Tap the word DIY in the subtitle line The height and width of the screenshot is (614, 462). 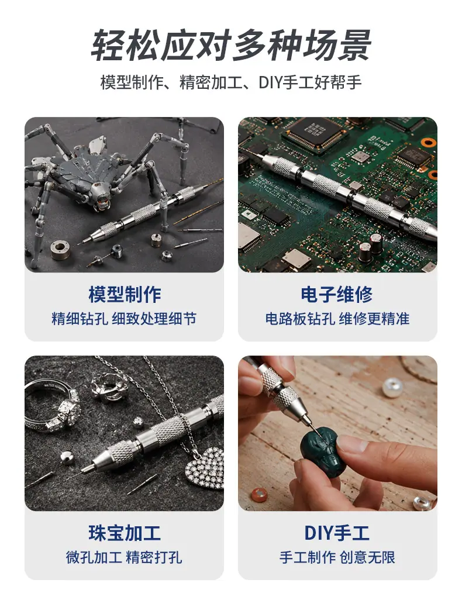pyautogui.click(x=270, y=83)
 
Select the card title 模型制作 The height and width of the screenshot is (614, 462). pyautogui.click(x=125, y=295)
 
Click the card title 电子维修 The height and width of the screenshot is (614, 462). pyautogui.click(x=337, y=295)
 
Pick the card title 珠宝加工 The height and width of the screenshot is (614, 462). pyautogui.click(x=125, y=533)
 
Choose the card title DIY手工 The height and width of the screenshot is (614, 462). pyautogui.click(x=337, y=533)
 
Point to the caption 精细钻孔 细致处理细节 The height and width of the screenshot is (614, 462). pyautogui.click(x=124, y=319)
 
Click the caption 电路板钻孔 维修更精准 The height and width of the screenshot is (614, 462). pyautogui.click(x=337, y=319)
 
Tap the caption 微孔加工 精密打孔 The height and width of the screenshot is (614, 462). pyautogui.click(x=124, y=557)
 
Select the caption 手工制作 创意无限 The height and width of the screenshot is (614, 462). pyautogui.click(x=337, y=557)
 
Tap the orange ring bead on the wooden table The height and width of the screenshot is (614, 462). pyautogui.click(x=259, y=495)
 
